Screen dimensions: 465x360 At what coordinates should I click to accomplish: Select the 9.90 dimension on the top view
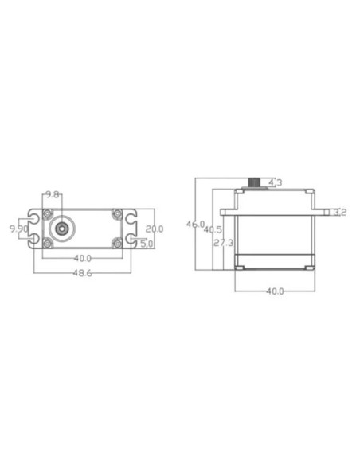(x=18, y=229)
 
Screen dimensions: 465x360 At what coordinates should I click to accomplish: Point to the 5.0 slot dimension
(x=147, y=244)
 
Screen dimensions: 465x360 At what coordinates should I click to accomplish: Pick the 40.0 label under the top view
(x=82, y=258)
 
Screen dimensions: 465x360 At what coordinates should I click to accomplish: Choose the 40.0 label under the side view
(x=274, y=291)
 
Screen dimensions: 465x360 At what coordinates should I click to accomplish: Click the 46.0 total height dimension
(x=195, y=225)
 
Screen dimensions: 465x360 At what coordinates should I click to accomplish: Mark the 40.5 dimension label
(x=213, y=230)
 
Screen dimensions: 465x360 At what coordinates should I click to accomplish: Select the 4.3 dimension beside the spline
(x=276, y=183)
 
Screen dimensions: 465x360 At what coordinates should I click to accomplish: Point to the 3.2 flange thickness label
(x=338, y=212)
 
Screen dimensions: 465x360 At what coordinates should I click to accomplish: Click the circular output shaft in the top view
(x=61, y=227)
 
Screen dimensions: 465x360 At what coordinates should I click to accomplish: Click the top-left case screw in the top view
(x=49, y=213)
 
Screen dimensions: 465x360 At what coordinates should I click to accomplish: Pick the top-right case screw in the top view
(x=116, y=213)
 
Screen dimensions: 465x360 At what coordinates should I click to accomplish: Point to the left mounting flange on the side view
(x=229, y=212)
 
